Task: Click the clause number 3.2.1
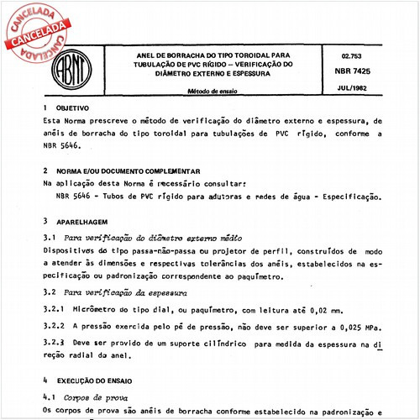(55, 309)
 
